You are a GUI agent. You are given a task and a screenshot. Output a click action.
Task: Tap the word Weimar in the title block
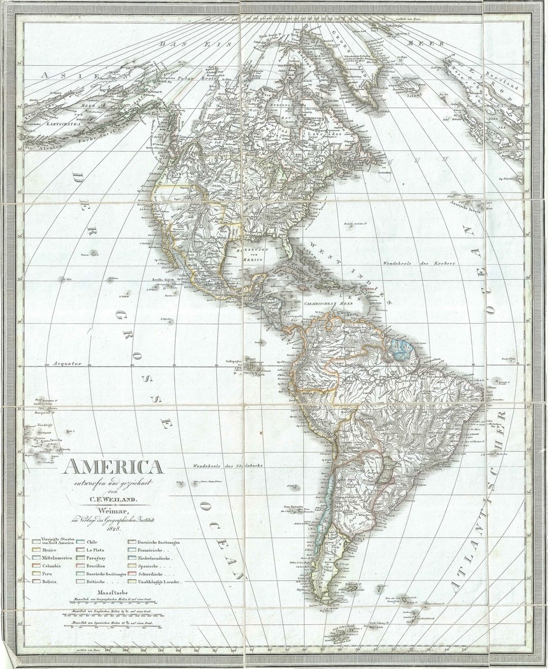click(113, 511)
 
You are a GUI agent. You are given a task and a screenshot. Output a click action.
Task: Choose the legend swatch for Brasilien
click(78, 565)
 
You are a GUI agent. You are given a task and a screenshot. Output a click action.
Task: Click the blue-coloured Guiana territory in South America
click(400, 348)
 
